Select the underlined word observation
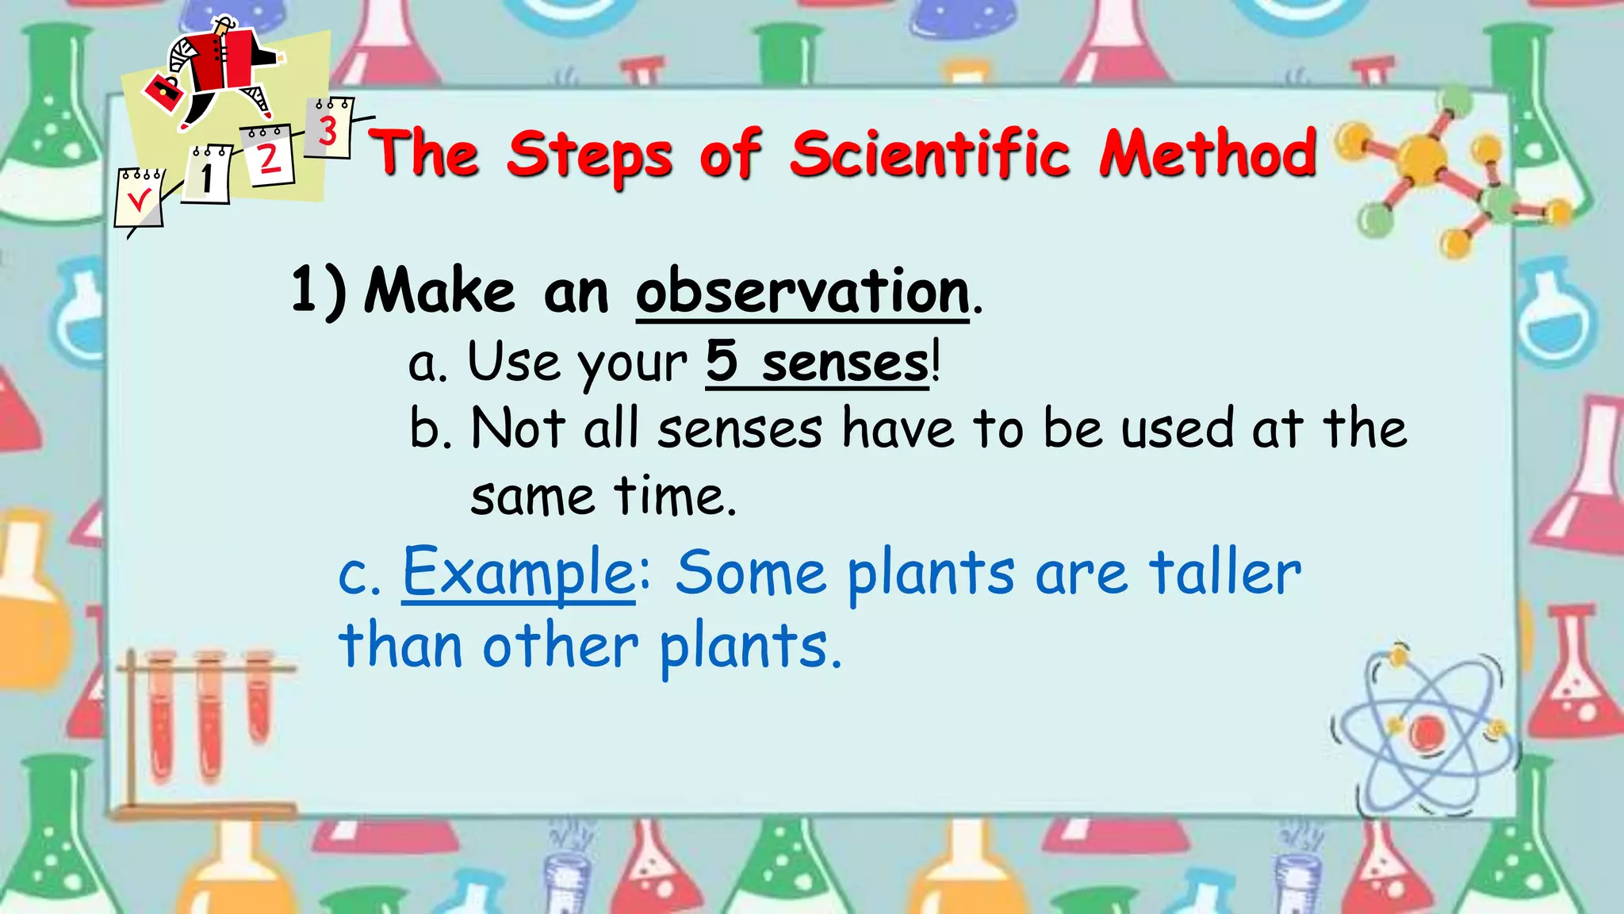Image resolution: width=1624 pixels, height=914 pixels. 802,292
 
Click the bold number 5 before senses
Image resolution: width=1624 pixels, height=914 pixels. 722,361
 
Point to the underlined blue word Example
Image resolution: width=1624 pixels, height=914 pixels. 519,573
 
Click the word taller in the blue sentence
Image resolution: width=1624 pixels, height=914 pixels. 1225,573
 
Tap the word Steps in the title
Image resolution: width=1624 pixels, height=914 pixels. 589,155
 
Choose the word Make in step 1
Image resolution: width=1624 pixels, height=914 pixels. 440,292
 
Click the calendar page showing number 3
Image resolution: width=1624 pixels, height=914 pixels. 329,129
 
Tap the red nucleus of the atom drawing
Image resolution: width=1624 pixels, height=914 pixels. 1427,732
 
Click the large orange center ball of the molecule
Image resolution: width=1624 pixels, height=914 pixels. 1421,159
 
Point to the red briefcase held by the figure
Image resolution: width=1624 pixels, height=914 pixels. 164,93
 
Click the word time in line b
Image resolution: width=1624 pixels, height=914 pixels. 675,497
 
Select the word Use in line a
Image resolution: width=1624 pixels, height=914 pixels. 513,362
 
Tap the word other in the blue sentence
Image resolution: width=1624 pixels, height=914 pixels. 560,646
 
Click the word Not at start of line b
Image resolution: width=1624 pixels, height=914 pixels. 518,428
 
